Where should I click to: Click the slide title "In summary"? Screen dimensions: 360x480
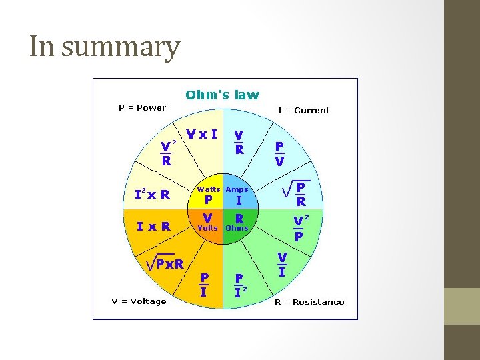(105, 47)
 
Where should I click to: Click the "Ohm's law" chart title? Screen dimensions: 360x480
(222, 95)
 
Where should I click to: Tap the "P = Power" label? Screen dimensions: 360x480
(142, 107)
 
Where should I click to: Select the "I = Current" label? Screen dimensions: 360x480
(303, 110)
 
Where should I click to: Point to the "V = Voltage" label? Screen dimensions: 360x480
(139, 301)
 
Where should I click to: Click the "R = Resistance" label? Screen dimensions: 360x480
(309, 302)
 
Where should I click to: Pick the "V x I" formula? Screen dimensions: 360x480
(201, 134)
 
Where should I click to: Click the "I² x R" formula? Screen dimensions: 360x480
(152, 195)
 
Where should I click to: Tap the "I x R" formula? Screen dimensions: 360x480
(153, 226)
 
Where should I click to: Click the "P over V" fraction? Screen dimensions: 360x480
(280, 153)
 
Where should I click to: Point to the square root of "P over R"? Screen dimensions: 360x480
(295, 193)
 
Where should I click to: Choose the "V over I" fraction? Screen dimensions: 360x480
(282, 264)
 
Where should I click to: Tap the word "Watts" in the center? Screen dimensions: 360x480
(208, 189)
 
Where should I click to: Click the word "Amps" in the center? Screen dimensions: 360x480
(237, 189)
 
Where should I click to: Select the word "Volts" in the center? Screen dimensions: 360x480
(207, 228)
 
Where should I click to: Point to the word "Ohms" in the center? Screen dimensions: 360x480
(237, 228)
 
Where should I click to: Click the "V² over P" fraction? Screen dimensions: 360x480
(300, 227)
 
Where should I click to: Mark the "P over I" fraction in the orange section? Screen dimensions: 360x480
(204, 285)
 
